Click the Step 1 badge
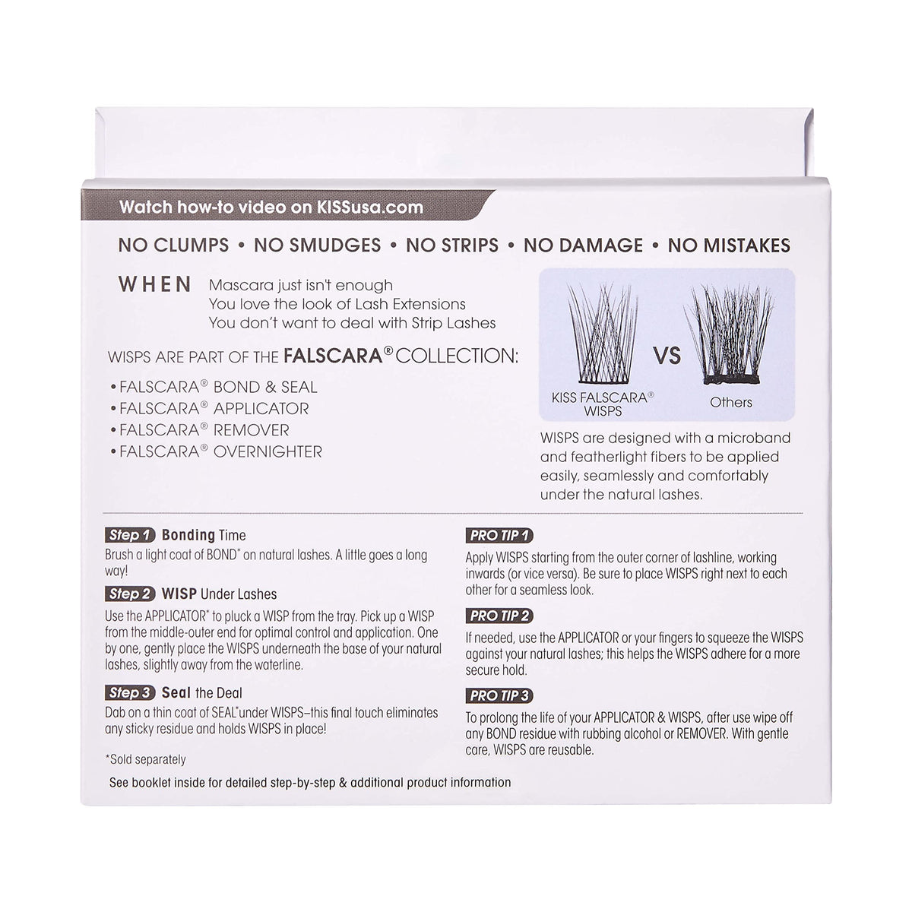[x=130, y=535]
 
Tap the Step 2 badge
[x=130, y=594]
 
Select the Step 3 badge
[x=130, y=693]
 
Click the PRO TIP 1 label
[x=499, y=536]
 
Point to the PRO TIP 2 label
[x=499, y=616]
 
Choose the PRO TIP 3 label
[x=499, y=695]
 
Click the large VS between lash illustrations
[x=667, y=356]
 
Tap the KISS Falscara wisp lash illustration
[x=603, y=333]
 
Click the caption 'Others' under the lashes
[x=730, y=402]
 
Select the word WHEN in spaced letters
[x=155, y=284]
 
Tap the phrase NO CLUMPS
[x=174, y=245]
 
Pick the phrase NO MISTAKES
[x=729, y=245]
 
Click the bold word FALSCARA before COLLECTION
[x=333, y=356]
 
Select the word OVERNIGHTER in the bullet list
[x=268, y=452]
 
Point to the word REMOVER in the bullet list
[x=252, y=430]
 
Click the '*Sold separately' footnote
[x=146, y=759]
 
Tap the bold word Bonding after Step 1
[x=188, y=535]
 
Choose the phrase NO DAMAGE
[x=583, y=245]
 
